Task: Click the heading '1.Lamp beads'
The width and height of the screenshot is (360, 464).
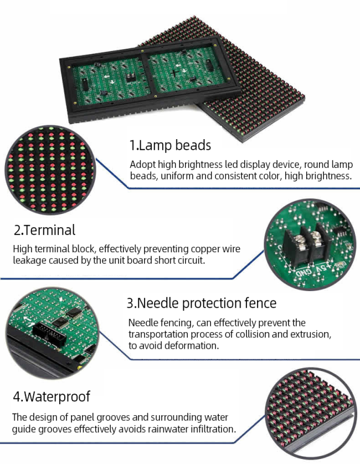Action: [x=170, y=145]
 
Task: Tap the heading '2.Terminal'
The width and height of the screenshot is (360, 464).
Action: [x=45, y=230]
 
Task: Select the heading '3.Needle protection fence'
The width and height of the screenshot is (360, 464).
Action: [x=202, y=303]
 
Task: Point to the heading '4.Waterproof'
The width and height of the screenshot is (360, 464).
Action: [x=52, y=397]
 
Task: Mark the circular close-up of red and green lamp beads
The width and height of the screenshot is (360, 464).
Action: [x=50, y=170]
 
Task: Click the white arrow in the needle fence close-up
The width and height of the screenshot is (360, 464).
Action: [x=28, y=322]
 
